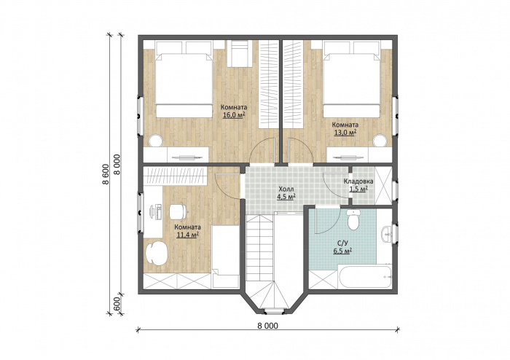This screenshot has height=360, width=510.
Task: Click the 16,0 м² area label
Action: tap(234, 115)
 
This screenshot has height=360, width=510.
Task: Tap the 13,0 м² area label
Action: tap(345, 132)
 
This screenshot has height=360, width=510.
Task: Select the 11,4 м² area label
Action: tap(188, 234)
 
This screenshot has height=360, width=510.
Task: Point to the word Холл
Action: tap(286, 189)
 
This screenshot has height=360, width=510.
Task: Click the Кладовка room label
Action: tap(358, 181)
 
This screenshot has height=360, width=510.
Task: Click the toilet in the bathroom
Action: tap(353, 219)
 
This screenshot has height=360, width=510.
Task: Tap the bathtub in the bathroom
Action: tap(365, 276)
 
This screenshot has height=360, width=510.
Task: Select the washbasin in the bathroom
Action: tap(387, 233)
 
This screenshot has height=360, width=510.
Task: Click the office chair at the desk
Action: tap(178, 211)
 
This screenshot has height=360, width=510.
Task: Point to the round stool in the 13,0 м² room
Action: tap(380, 141)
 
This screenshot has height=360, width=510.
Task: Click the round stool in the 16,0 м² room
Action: tap(155, 141)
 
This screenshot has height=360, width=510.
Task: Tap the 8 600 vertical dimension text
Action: tap(106, 173)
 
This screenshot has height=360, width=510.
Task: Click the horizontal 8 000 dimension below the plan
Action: tap(267, 326)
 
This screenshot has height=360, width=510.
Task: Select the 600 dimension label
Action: tap(118, 305)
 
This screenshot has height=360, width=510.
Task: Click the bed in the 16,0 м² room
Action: tap(183, 79)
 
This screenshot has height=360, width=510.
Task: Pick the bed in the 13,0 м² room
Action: tap(352, 79)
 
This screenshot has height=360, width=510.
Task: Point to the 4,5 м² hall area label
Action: tap(286, 197)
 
